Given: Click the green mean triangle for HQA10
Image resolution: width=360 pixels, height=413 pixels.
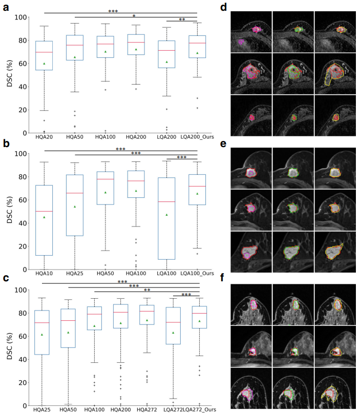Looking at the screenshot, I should (44, 217).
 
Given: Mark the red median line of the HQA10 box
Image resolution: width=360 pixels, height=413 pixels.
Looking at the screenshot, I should (44, 211).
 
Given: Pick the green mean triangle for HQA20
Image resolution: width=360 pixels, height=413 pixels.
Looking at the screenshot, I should (44, 64).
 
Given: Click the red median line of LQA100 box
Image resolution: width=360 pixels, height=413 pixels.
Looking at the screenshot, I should (167, 201).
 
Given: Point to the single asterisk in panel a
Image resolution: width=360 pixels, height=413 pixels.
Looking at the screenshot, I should (134, 16).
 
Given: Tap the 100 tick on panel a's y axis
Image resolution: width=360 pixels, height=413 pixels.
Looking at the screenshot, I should (20, 17).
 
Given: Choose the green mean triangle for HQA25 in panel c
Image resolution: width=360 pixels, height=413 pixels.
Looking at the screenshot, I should (42, 335).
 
